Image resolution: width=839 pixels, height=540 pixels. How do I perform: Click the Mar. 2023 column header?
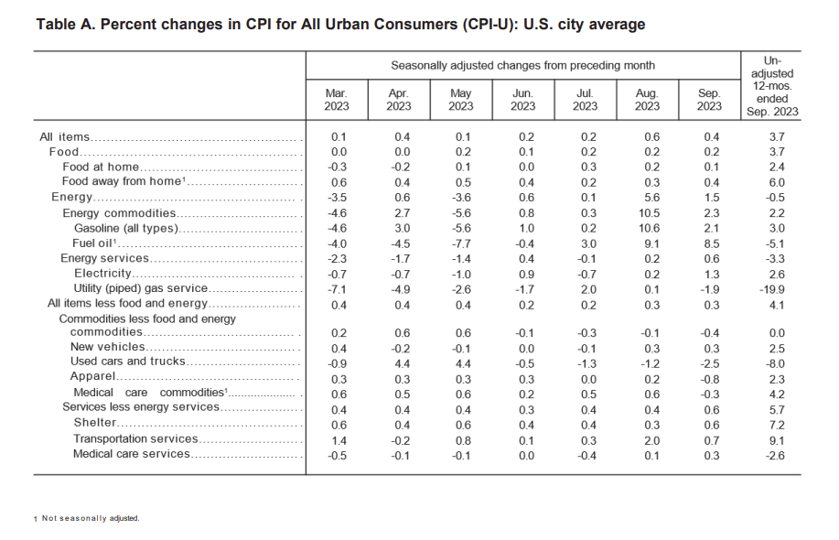point(337,100)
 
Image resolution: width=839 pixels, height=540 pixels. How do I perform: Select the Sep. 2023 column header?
point(709,100)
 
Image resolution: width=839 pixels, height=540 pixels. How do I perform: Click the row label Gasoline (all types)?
point(125,228)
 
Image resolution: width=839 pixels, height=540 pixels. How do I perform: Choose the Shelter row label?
point(95,423)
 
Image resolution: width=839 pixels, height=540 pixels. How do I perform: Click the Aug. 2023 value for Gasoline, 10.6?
point(647,228)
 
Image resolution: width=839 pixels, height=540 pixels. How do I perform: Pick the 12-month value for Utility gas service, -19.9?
point(773,288)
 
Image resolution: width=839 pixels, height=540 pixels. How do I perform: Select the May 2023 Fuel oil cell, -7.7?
point(460,243)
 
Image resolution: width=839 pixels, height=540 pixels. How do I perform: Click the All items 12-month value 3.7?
point(773,136)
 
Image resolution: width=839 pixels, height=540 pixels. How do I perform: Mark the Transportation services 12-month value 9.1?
point(773,438)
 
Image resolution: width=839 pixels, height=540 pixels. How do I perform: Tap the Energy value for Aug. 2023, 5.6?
point(647,197)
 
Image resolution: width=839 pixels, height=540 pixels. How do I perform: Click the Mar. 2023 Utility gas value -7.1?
point(337,288)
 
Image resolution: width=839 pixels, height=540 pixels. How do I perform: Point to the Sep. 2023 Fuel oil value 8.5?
point(709,243)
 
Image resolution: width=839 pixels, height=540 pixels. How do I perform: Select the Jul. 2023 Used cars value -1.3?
point(585,362)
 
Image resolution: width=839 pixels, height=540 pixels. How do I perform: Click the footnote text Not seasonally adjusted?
point(91,519)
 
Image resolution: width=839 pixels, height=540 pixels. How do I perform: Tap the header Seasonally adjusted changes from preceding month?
point(522,66)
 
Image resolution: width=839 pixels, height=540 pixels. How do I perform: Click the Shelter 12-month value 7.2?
point(773,423)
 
